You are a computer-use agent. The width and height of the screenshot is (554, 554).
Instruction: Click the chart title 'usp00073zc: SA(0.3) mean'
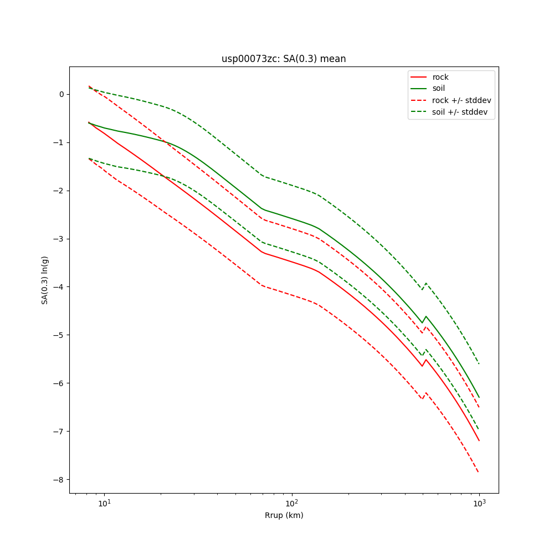pos(284,59)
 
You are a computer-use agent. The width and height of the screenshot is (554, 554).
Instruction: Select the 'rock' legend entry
pos(440,77)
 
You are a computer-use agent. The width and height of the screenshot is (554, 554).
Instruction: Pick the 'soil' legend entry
pos(439,88)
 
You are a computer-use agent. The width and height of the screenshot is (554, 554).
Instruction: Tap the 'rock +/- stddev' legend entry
pos(461,100)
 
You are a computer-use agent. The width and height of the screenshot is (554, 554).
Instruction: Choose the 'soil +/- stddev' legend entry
pos(461,112)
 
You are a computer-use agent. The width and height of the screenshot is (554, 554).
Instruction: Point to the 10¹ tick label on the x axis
pos(104,503)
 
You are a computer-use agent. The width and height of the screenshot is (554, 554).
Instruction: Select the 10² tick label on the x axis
pos(291,503)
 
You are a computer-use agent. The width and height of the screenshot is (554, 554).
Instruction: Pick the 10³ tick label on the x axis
pos(479,503)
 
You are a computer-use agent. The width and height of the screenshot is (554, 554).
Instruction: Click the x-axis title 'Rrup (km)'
pos(284,515)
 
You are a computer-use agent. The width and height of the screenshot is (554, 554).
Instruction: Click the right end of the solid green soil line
pos(479,397)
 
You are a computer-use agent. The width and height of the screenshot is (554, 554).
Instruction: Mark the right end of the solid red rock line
pos(479,440)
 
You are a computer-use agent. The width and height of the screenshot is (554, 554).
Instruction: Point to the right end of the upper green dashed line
pos(479,363)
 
